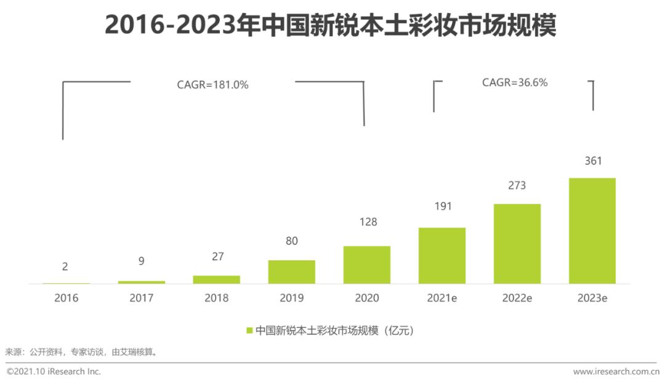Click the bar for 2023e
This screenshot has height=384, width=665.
592,231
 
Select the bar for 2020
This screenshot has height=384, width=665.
367,265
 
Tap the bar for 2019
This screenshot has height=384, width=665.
292,271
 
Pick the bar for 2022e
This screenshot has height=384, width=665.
517,244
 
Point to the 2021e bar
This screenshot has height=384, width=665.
442,255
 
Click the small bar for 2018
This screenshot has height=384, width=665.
216,280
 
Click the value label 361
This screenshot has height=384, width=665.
593,161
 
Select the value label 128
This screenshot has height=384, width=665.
368,222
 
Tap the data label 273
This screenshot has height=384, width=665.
517,186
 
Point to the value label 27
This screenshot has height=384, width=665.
217,257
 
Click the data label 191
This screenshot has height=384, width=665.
443,206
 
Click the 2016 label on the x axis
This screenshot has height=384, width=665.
66,298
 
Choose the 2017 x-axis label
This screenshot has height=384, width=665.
141,298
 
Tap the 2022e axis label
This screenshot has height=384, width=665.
517,298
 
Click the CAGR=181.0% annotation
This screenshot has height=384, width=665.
212,85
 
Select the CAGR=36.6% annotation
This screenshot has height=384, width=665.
515,82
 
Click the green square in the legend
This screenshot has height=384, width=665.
249,330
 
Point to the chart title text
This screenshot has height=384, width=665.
331,25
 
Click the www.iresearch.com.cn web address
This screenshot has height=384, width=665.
616,372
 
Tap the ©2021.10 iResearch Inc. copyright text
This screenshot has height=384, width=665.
54,372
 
